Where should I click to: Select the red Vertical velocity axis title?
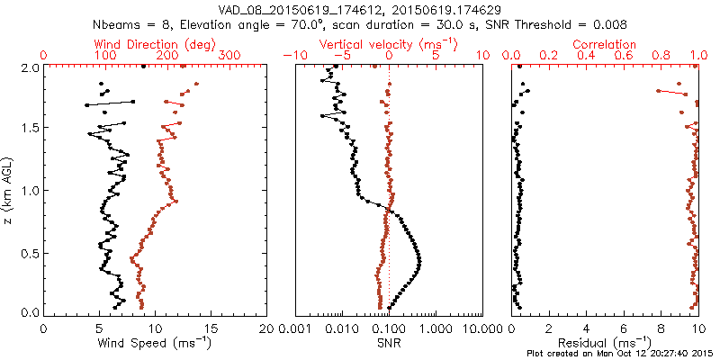[x=389, y=44]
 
